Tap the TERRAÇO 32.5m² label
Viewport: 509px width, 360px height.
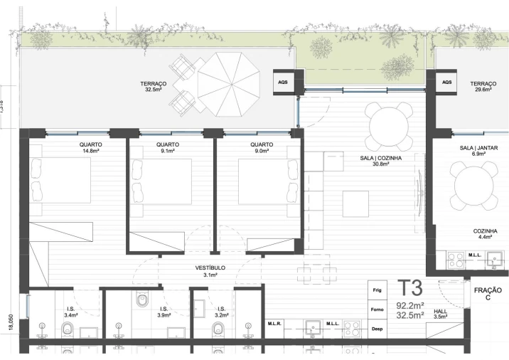pos(154,87)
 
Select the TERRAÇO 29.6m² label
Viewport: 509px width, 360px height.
pos(483,87)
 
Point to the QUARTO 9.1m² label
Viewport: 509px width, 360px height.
pos(168,147)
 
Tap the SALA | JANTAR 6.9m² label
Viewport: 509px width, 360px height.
pos(477,150)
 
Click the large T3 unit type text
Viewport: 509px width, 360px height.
pos(411,289)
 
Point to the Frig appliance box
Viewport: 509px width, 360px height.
pos(377,291)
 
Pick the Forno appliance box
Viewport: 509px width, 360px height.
pos(377,310)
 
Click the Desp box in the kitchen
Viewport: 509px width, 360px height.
pos(377,329)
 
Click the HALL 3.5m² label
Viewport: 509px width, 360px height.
pos(441,314)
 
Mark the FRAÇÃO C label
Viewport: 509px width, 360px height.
pos(488,294)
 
